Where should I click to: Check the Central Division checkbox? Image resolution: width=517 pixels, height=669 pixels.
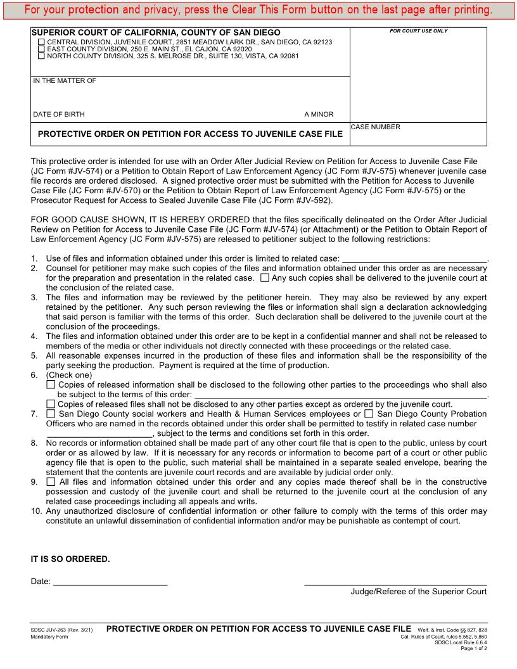(42, 42)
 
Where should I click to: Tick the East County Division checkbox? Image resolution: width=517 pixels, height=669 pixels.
(42, 49)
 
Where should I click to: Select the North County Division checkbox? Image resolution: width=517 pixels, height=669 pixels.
(42, 56)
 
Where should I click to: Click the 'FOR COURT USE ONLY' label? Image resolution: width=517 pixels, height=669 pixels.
(418, 31)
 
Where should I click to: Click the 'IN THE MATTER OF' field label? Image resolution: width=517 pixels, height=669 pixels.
(65, 80)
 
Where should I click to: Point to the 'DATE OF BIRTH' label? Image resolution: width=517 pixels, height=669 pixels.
(59, 115)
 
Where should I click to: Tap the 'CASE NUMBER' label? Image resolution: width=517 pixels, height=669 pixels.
(376, 127)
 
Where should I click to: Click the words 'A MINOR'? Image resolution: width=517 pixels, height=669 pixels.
(319, 115)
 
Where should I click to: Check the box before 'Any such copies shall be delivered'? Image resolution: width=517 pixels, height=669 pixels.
(265, 277)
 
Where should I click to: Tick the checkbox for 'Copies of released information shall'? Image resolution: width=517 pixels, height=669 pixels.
(51, 385)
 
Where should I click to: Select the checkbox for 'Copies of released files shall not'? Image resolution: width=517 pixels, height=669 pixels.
(51, 404)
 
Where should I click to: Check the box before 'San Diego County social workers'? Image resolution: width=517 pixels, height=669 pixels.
(51, 414)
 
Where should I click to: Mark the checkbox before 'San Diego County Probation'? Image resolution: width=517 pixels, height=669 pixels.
(369, 414)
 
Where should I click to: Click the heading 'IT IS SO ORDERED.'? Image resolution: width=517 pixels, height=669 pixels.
(70, 559)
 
